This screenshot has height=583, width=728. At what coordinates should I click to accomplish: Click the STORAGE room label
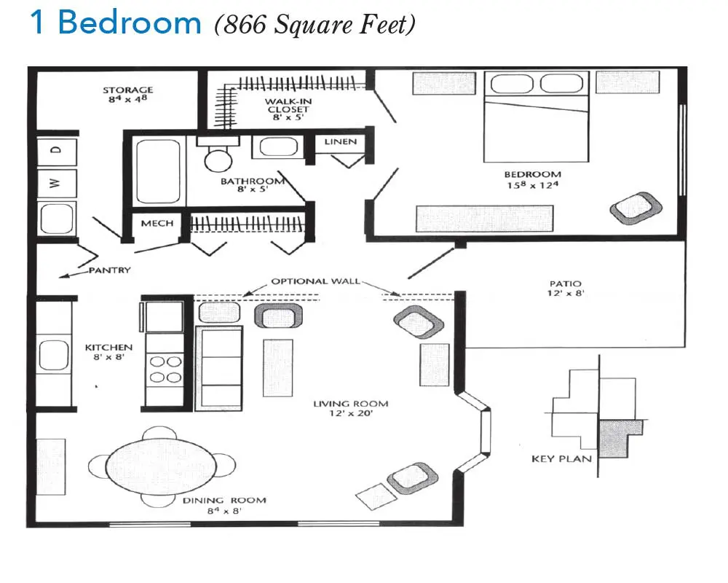click(127, 90)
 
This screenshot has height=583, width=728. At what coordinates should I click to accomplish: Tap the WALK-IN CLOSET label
click(288, 106)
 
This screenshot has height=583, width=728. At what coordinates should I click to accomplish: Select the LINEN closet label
click(340, 141)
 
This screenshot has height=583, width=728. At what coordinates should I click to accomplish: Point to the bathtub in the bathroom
click(158, 171)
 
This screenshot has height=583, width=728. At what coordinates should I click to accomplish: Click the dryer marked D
click(57, 151)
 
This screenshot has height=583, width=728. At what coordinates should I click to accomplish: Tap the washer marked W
click(57, 183)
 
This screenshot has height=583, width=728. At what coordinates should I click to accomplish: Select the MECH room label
click(157, 223)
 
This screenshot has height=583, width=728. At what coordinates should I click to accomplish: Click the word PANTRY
click(110, 270)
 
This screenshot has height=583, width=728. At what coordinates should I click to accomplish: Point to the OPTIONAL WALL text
click(316, 281)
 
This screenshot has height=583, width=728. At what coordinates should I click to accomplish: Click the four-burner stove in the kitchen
click(165, 369)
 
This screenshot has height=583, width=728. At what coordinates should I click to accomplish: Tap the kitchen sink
click(54, 355)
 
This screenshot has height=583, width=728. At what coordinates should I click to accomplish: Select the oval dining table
click(161, 466)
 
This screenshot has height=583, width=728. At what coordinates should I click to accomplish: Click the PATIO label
click(565, 283)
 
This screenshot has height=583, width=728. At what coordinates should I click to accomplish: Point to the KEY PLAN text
click(561, 459)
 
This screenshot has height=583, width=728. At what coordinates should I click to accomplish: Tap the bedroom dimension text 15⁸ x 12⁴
click(533, 185)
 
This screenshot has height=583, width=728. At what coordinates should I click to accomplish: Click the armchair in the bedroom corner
click(636, 208)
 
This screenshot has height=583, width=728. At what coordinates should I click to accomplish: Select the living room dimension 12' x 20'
click(351, 413)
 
